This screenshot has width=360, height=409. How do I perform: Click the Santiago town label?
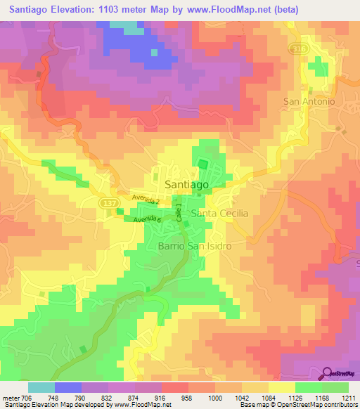pyautogui.click(x=186, y=183)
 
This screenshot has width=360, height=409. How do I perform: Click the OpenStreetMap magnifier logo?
pyautogui.click(x=327, y=374)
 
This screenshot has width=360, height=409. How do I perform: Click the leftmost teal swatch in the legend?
pyautogui.click(x=41, y=387)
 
